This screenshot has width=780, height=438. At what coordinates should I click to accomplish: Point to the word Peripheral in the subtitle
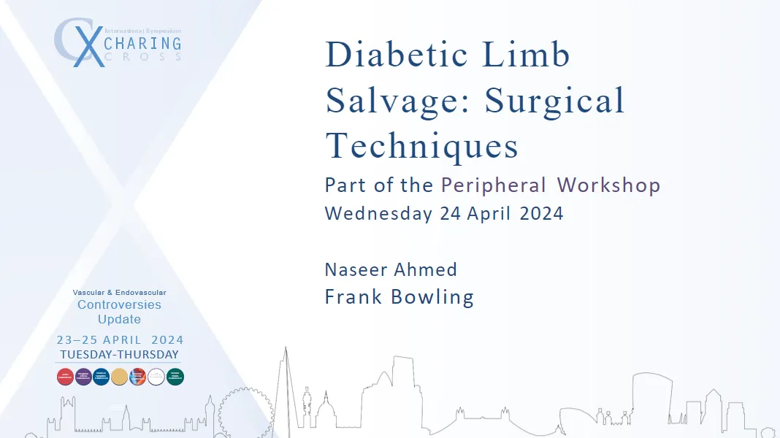click(493, 185)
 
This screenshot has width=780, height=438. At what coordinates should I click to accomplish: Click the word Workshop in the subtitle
click(608, 185)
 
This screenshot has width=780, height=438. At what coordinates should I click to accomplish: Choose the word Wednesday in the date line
click(378, 213)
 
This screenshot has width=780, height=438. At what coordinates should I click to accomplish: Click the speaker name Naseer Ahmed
click(391, 269)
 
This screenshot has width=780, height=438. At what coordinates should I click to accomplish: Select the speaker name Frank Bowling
click(399, 297)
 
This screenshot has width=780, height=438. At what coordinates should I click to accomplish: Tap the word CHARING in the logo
click(142, 43)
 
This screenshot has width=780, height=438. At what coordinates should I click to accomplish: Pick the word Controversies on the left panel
click(119, 304)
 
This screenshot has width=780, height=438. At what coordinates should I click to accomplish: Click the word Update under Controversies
click(119, 319)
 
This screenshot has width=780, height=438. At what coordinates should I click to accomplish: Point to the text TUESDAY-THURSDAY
click(120, 355)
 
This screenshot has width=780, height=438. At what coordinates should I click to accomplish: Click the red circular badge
click(65, 377)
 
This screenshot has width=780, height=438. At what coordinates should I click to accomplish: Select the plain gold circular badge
click(120, 377)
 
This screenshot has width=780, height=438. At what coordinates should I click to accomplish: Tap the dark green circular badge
click(175, 377)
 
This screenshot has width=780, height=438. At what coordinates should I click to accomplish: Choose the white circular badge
click(156, 377)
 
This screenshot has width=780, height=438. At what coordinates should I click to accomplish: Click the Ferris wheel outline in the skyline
click(245, 412)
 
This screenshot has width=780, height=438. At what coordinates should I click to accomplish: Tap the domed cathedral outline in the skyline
click(326, 412)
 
